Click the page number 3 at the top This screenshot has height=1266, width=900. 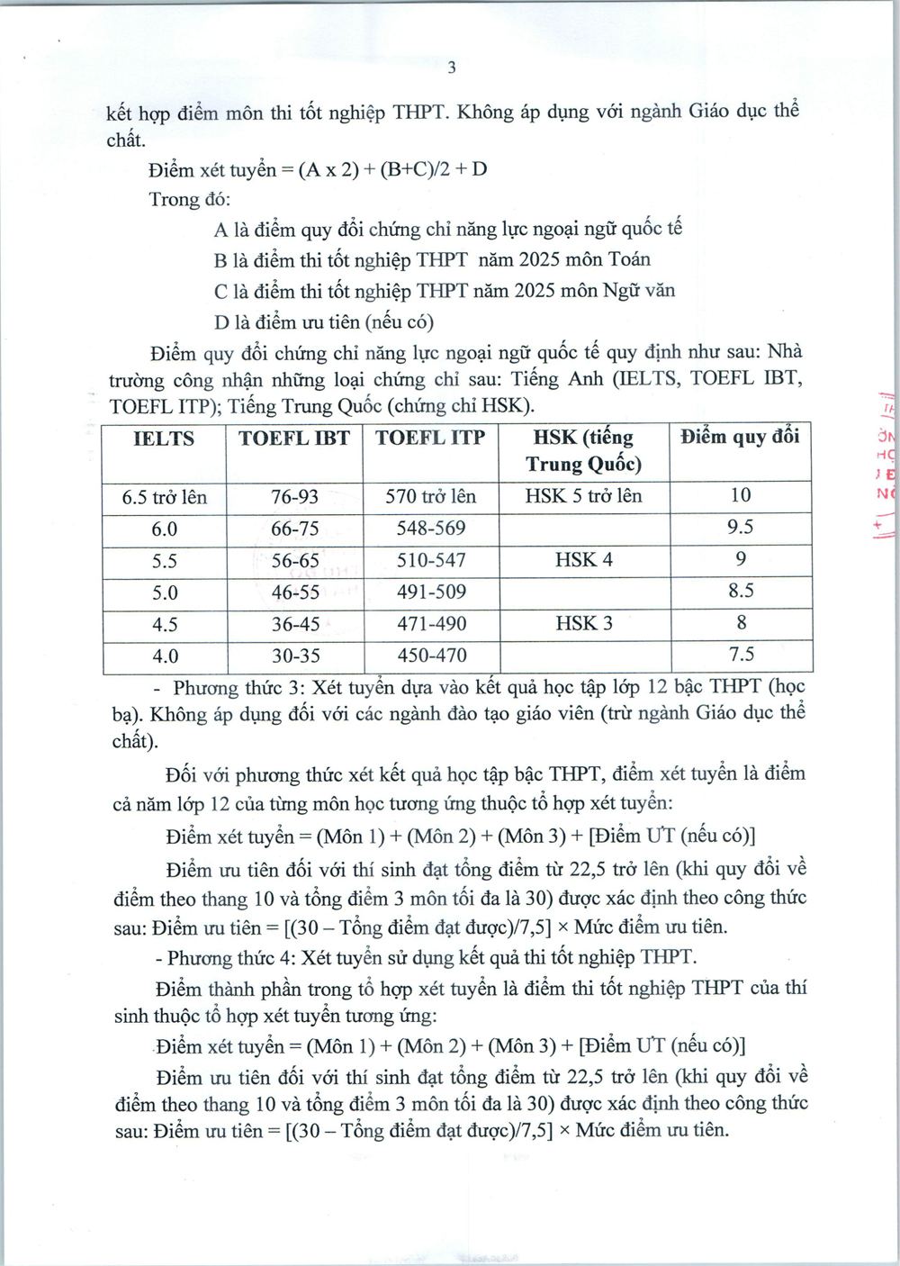tap(452, 68)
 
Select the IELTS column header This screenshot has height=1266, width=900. tap(164, 439)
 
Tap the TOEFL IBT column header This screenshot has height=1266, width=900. tap(294, 439)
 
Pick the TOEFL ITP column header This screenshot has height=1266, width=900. tap(430, 439)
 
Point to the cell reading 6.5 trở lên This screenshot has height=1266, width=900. tap(165, 497)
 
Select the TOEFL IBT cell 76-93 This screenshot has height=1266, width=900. tap(294, 497)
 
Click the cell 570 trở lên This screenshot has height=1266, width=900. tap(430, 496)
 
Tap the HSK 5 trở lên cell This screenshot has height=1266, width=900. tap(584, 496)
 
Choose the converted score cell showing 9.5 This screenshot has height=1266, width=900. tap(740, 527)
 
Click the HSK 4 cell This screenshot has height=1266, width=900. tap(584, 560)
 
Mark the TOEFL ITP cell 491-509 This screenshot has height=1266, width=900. tap(431, 592)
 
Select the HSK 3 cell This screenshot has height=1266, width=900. tap(584, 623)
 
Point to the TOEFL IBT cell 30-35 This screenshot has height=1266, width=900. tap(294, 656)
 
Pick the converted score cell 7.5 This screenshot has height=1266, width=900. tap(741, 655)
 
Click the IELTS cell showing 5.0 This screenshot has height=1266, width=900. tap(165, 593)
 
